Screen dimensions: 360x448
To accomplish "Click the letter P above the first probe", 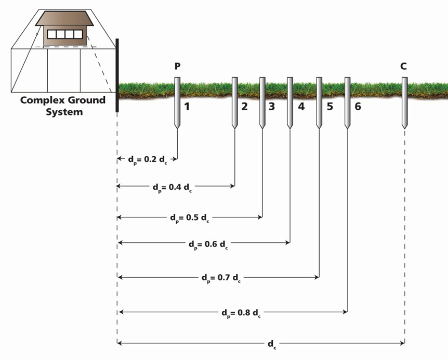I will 178,67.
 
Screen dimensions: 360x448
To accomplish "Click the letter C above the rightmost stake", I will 404,67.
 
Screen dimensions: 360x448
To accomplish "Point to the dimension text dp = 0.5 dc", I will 190,217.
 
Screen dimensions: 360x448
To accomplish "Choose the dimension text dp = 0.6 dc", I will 208,243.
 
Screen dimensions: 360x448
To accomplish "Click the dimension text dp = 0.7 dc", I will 221,278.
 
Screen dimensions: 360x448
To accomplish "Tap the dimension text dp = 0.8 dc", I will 241,313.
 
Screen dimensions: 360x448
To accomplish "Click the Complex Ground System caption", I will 62,106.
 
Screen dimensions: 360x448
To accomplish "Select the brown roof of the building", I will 64,19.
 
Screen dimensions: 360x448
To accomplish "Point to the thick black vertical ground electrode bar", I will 117,75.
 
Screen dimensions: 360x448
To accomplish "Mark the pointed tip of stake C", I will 404,127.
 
